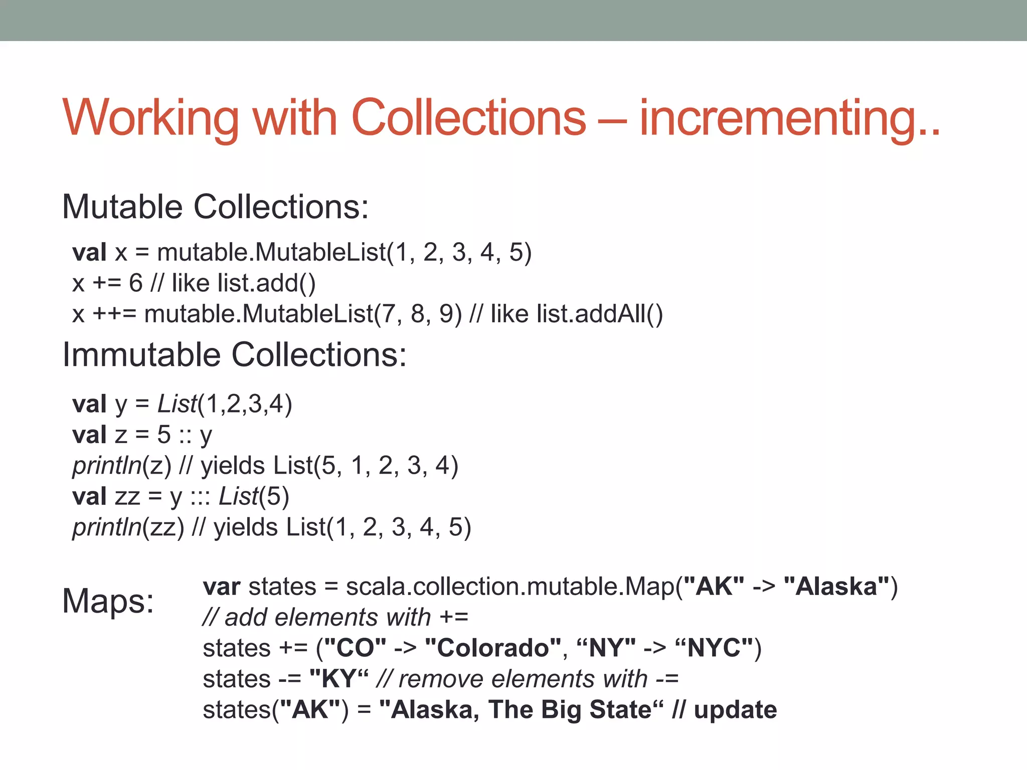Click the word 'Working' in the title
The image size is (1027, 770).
pyautogui.click(x=150, y=118)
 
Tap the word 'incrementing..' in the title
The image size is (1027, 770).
pyautogui.click(x=789, y=118)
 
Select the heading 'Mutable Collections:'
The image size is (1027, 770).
pyautogui.click(x=215, y=207)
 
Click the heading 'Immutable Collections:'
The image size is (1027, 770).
pyautogui.click(x=234, y=354)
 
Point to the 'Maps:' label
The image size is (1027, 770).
pyautogui.click(x=108, y=601)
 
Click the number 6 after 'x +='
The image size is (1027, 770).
pyautogui.click(x=135, y=283)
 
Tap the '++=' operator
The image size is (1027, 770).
pyautogui.click(x=114, y=314)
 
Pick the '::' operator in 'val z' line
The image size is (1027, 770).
pyautogui.click(x=185, y=435)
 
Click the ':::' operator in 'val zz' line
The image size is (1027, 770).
pyautogui.click(x=200, y=497)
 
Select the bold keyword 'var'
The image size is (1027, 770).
pyautogui.click(x=221, y=587)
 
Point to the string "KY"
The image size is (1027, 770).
pyautogui.click(x=339, y=679)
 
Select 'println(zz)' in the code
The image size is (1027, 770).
pyautogui.click(x=128, y=527)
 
